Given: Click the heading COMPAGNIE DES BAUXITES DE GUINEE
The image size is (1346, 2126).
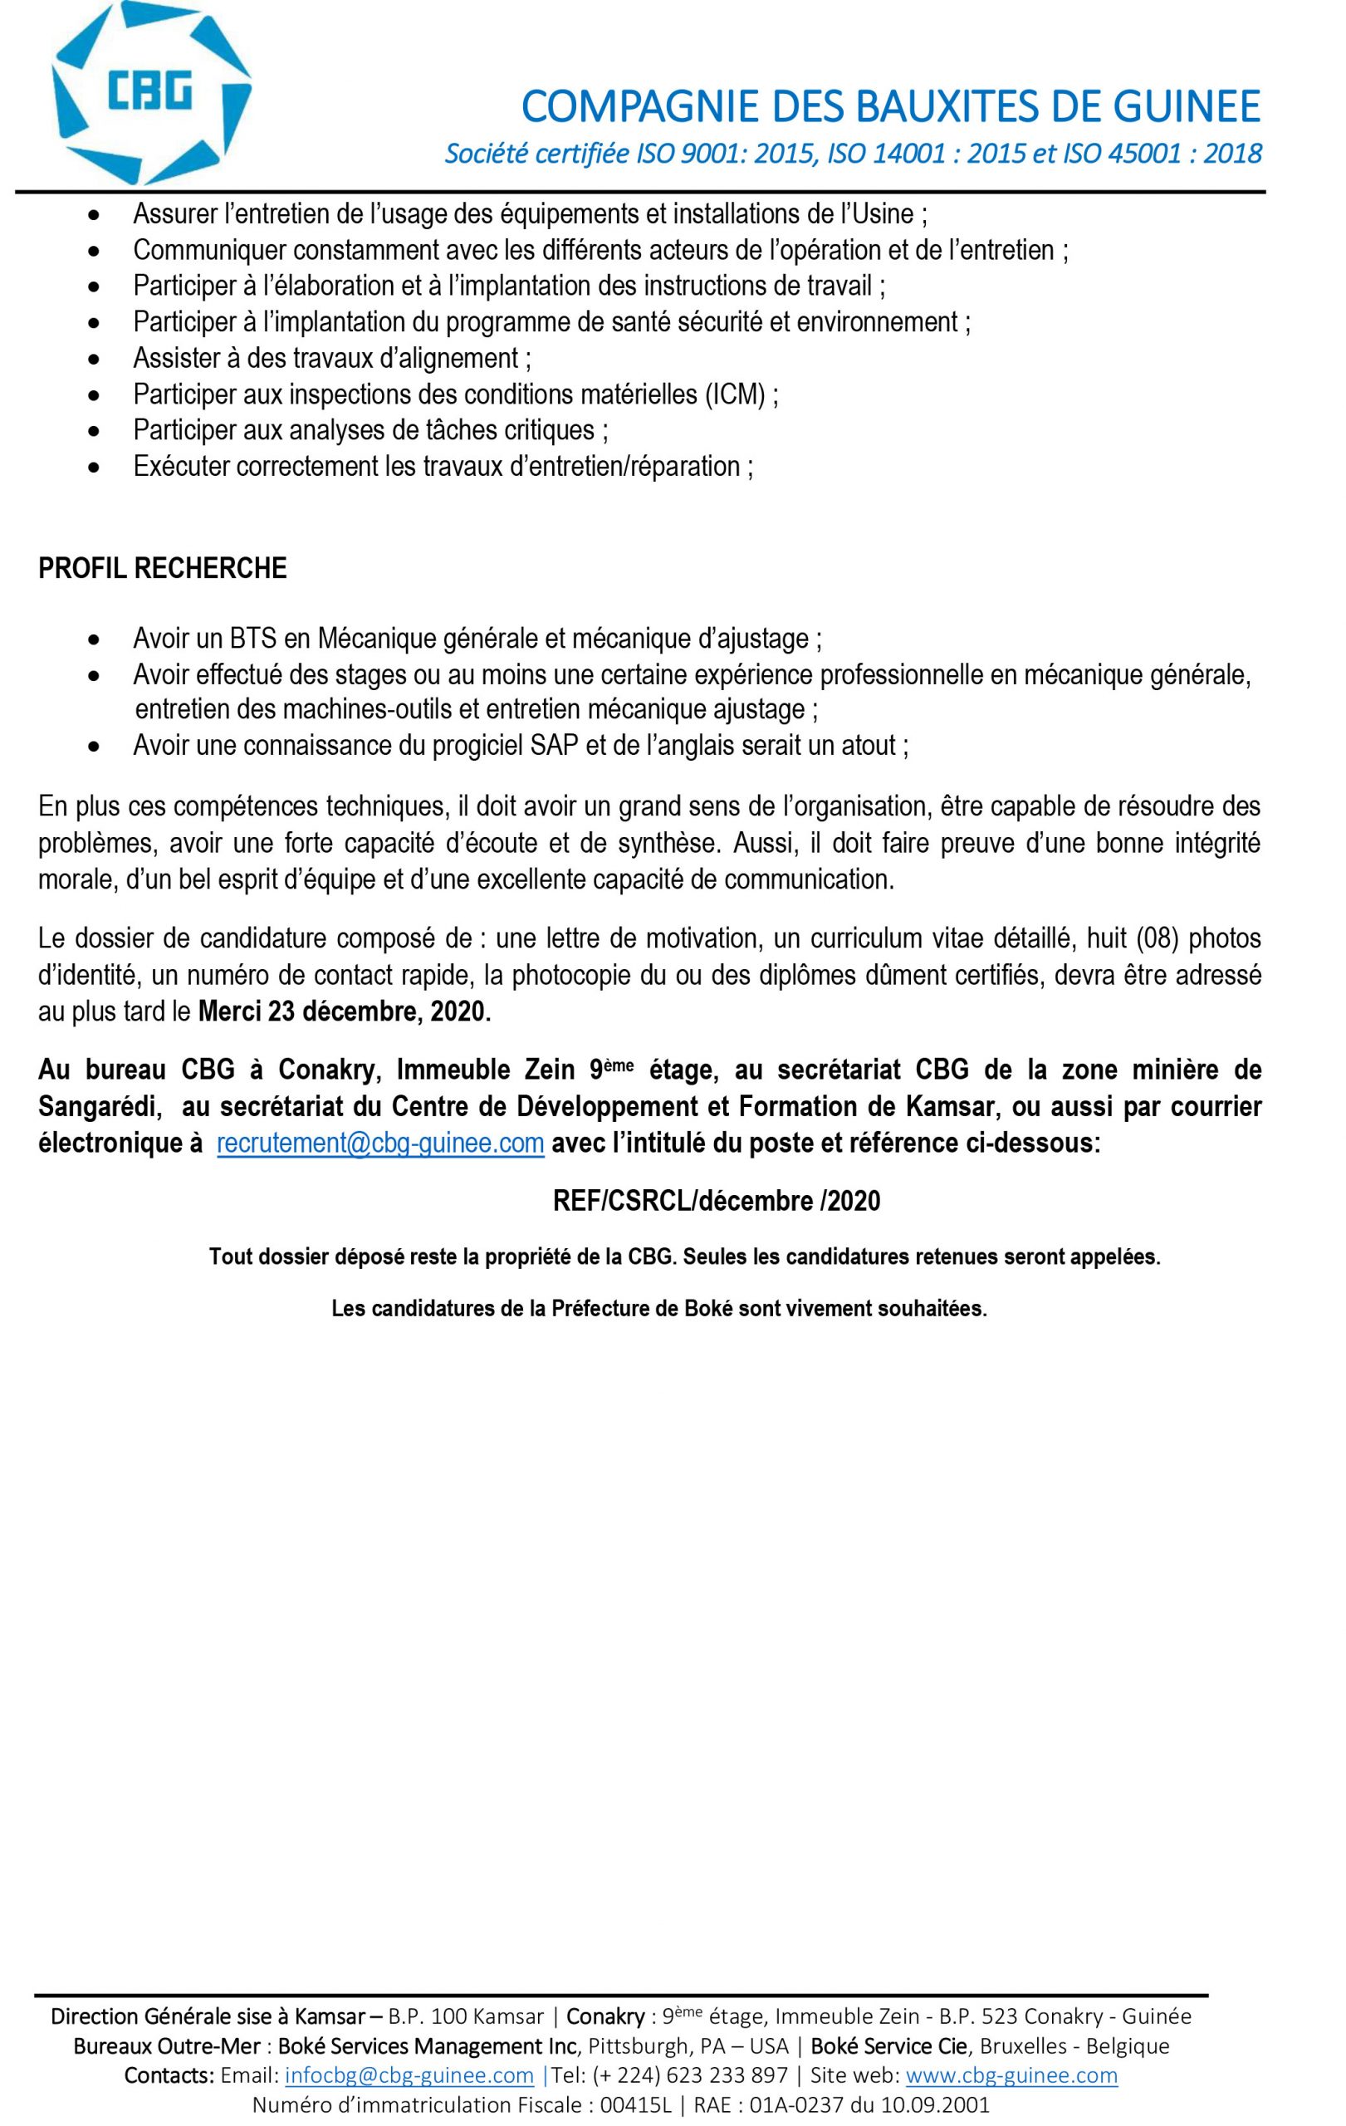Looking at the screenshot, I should click(x=891, y=108).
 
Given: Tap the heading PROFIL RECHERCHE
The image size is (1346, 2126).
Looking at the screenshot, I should click(x=163, y=568).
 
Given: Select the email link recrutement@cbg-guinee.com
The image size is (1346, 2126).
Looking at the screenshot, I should click(x=380, y=1143).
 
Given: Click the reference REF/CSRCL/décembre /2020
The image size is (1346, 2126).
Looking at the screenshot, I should click(x=716, y=1201).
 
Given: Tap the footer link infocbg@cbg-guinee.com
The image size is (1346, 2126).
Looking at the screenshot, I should click(x=409, y=2074).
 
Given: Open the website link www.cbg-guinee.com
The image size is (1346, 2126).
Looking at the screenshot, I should click(x=1011, y=2074).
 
